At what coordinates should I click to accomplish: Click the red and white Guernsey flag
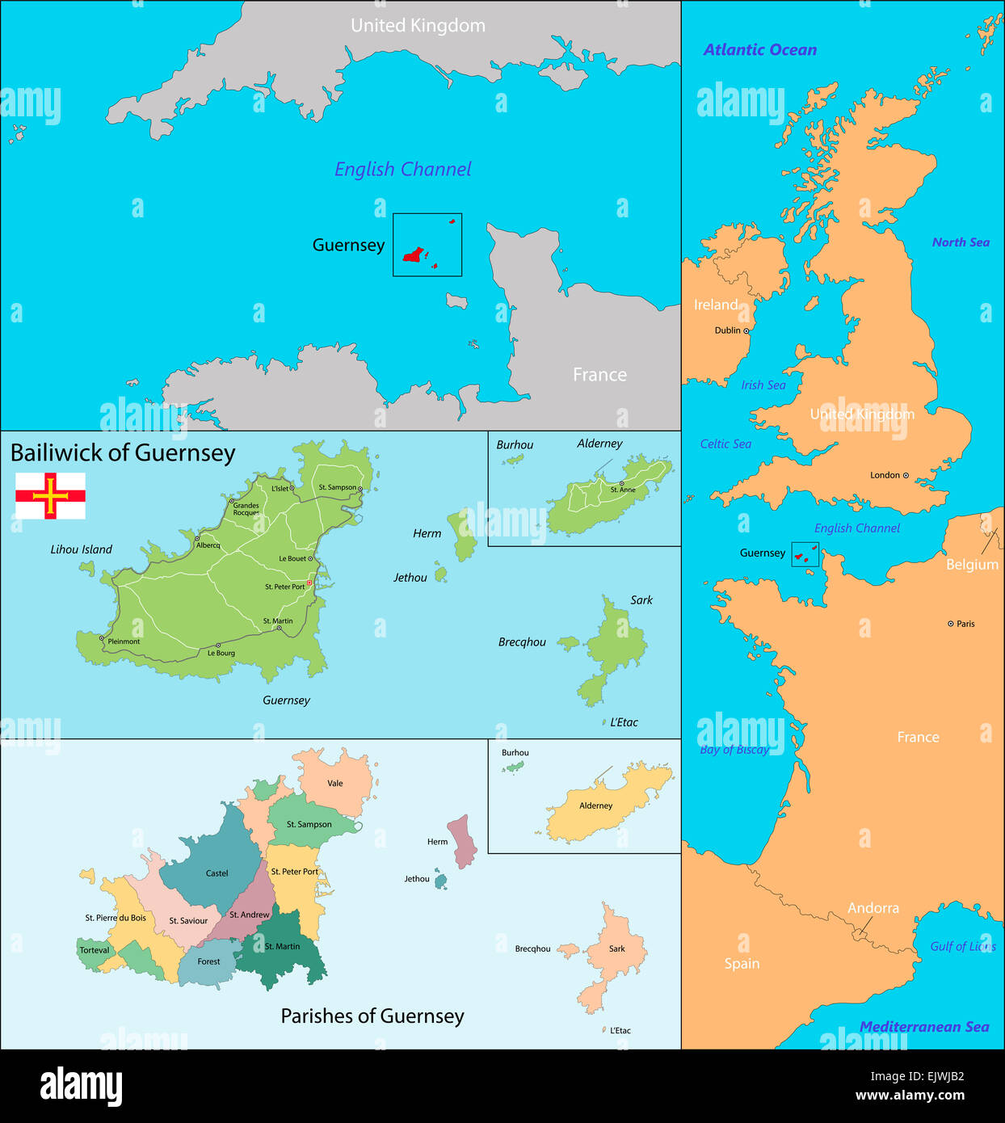[x=50, y=495]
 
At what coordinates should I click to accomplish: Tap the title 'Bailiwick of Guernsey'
[x=123, y=453]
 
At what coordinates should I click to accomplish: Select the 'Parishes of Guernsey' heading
[x=372, y=1016]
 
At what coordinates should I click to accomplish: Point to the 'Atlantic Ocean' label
[x=759, y=50]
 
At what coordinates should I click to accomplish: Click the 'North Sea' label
[x=960, y=242]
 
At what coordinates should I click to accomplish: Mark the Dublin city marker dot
[x=746, y=330]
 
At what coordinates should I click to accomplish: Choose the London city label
[x=885, y=475]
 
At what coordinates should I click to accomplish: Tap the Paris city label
[x=965, y=624]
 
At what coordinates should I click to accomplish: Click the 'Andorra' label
[x=873, y=908]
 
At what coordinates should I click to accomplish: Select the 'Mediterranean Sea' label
[x=923, y=1027]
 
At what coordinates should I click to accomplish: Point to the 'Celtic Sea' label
[x=725, y=444]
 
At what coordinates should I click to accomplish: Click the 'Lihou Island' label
[x=81, y=549]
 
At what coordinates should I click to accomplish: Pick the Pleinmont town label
[x=124, y=641]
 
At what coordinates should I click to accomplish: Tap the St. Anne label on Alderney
[x=623, y=490]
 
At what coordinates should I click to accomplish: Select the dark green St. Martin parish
[x=282, y=953]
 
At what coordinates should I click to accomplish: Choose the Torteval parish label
[x=94, y=950]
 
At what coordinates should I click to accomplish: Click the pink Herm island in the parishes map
[x=463, y=840]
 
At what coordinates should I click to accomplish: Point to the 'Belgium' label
[x=972, y=565]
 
